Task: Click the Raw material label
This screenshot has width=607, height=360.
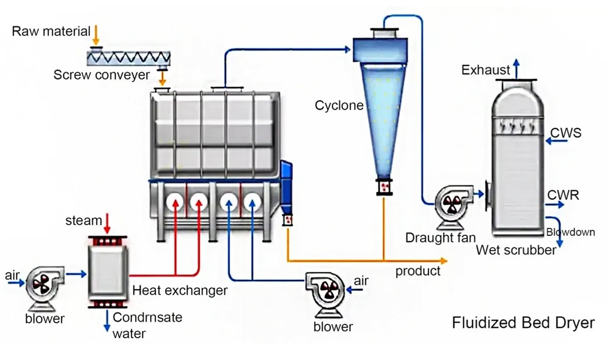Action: coord(51,31)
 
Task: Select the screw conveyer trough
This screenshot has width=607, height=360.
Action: coord(128,57)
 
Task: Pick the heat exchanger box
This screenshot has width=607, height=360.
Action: coord(108,270)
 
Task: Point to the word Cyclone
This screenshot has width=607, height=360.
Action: coord(339,106)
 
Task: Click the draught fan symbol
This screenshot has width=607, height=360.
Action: coord(453,205)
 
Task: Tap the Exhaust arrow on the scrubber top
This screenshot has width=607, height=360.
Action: coord(517,67)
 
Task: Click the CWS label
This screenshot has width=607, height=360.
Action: coord(566,133)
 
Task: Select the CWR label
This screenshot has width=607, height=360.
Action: coord(563,196)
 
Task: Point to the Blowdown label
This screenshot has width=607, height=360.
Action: coord(570,232)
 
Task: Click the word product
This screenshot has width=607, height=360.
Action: coord(418,271)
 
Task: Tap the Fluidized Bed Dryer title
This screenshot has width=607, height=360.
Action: coord(523,323)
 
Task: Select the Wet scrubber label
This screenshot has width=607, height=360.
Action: coord(516,249)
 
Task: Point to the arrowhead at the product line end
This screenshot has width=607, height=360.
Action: coord(446,261)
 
